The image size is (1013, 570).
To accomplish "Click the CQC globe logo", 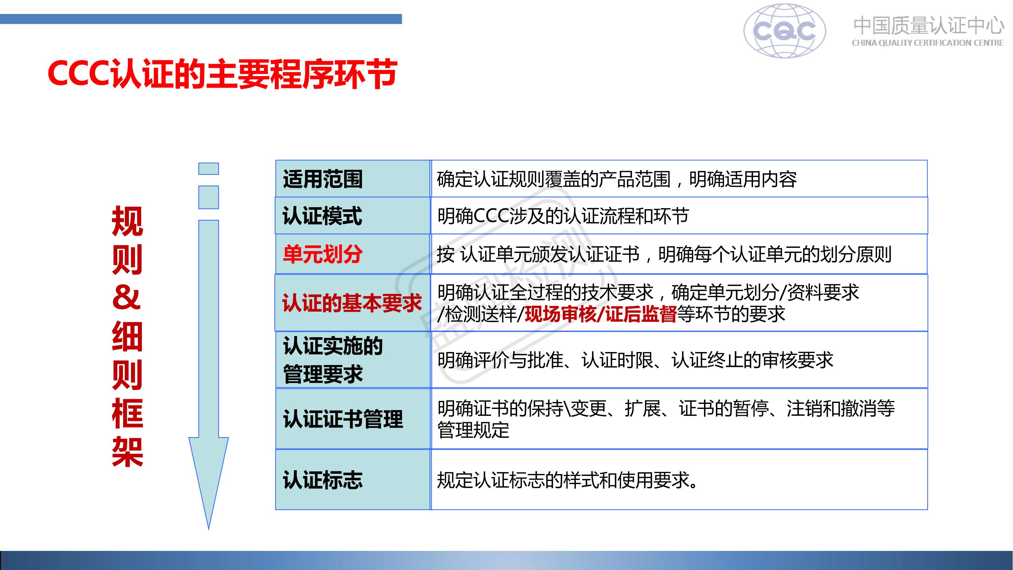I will [785, 31].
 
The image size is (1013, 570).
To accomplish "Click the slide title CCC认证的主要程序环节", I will [222, 74].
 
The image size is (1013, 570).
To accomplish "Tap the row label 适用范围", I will [322, 179].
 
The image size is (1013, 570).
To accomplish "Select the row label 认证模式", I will [322, 216].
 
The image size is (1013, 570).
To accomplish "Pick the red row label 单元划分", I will [322, 254].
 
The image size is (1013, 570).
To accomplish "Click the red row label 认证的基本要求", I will [351, 303].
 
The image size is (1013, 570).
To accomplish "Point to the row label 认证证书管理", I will [343, 419].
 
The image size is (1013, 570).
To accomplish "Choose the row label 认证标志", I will [322, 480].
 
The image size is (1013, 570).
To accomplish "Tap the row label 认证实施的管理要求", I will [333, 360].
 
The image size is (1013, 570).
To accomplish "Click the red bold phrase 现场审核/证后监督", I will [600, 314].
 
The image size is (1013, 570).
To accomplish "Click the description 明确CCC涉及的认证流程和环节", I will [563, 216].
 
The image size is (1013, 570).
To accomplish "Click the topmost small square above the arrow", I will [209, 169].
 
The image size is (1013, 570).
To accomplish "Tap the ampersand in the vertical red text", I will [127, 298].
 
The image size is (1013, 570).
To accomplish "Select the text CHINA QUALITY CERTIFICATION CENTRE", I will [928, 43].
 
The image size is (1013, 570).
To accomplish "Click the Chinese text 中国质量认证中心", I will [928, 25].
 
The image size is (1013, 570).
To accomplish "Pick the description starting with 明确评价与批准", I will [635, 360].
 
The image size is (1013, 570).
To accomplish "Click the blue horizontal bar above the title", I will [201, 19].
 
